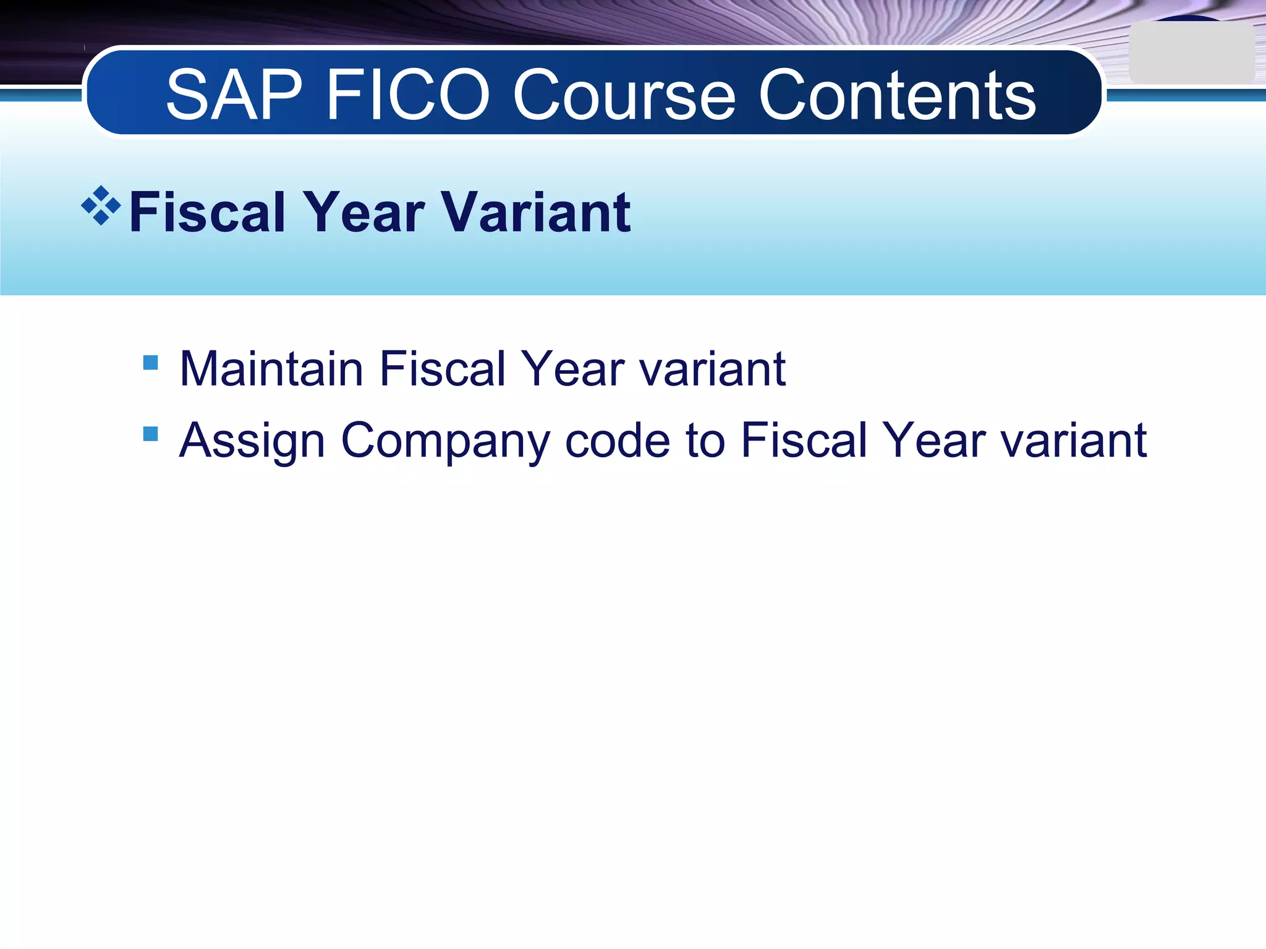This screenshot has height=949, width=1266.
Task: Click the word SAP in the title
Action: (234, 95)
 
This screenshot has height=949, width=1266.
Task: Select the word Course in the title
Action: (624, 95)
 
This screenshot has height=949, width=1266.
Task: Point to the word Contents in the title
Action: (897, 95)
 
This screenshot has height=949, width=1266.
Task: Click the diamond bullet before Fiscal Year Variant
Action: (101, 206)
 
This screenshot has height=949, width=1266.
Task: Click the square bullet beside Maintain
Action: (150, 362)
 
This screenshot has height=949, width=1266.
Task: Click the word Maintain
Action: (271, 369)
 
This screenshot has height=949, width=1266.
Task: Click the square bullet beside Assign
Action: (150, 434)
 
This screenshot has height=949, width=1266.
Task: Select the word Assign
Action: (252, 441)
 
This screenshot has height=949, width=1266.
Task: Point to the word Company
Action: (445, 441)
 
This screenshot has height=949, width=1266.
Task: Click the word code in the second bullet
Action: (618, 441)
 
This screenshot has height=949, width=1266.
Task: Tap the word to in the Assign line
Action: (705, 441)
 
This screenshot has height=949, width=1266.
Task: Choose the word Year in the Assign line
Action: (934, 441)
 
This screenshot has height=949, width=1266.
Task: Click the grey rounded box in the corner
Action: (1191, 53)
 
